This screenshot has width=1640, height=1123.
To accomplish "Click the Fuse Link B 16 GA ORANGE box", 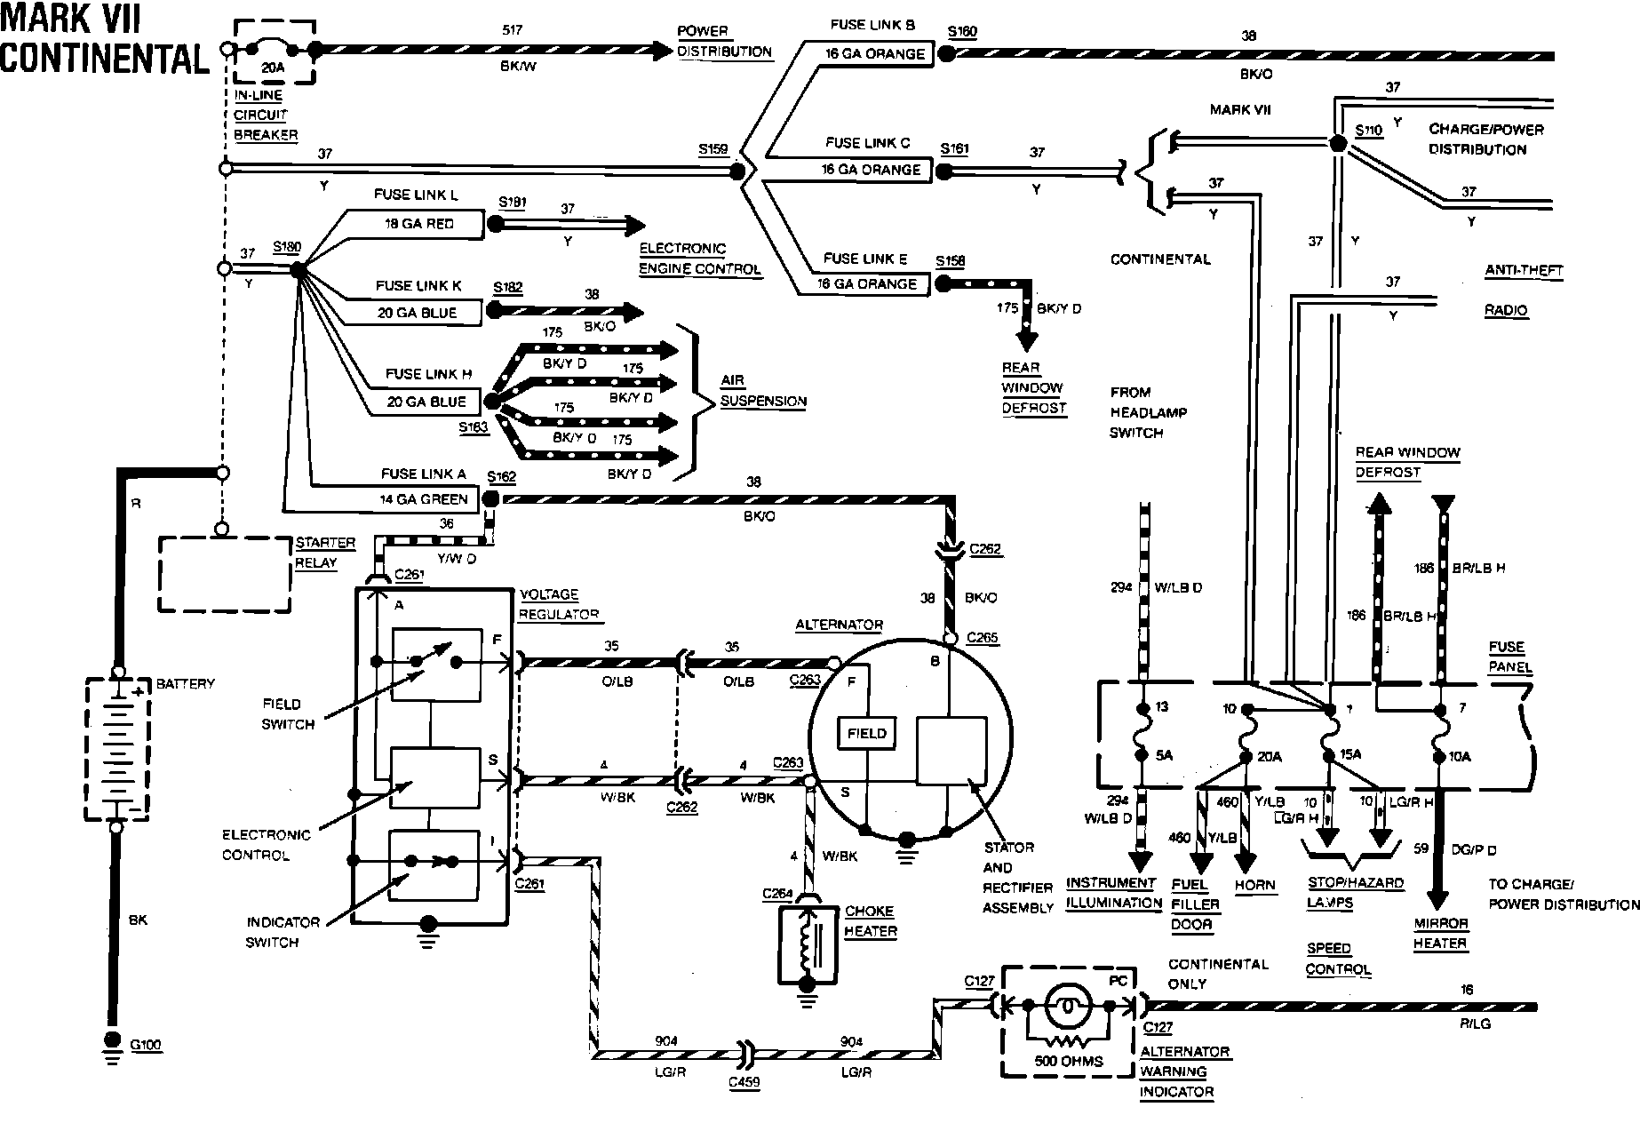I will point(874,53).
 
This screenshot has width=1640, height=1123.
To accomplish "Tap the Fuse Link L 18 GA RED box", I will point(419,224).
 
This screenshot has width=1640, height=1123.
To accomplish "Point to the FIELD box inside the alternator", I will point(866,734).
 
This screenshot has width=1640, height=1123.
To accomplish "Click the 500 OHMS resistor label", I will point(1069,1061).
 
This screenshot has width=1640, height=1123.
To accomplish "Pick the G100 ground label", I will point(146,1045).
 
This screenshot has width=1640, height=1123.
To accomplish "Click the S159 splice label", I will point(713,149).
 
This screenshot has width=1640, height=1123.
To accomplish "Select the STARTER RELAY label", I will point(324,552).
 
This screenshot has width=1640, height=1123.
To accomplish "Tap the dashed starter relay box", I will point(225,574).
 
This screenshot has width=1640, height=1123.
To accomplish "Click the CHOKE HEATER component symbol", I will point(808,944).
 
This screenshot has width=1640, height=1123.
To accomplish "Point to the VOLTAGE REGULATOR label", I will point(559,604).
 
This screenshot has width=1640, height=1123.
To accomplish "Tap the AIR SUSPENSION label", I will point(762,391).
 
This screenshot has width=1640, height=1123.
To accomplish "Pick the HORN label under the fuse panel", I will point(1254,885).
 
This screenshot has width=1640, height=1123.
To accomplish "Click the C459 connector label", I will point(744,1083).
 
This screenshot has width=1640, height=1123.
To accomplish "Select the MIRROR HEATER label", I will point(1440,933).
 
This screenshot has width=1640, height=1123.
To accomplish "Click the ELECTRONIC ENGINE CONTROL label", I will point(699,259).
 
